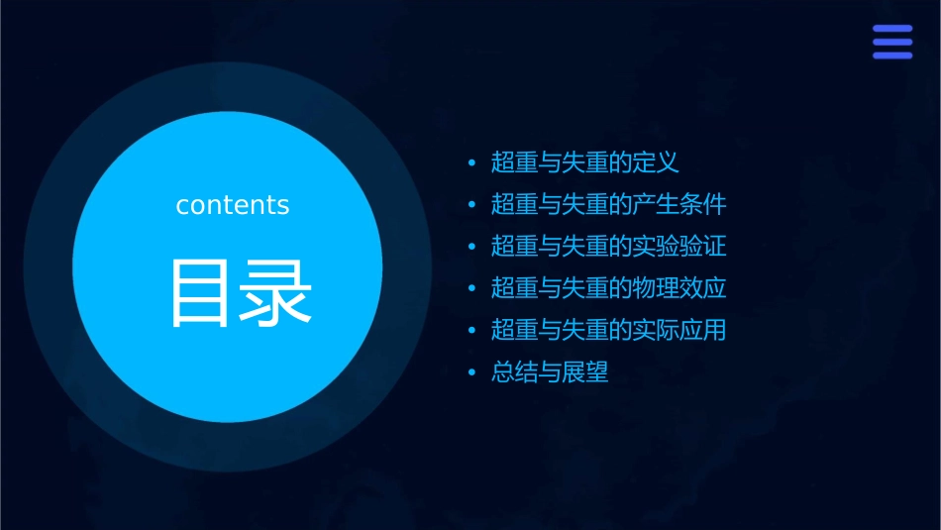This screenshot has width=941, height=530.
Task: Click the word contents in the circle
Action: pos(233,205)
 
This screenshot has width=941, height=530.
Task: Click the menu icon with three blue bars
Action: pos(891,42)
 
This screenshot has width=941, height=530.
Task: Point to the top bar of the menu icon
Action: pos(891,29)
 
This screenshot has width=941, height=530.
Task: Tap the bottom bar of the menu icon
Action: pos(891,55)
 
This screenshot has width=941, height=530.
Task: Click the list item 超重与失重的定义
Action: pos(584,162)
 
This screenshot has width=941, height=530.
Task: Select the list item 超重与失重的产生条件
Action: pos(608,205)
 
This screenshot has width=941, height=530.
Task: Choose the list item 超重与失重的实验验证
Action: pos(608,247)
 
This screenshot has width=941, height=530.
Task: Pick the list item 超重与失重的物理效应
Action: pos(608,288)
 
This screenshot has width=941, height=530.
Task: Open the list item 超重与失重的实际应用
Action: pos(608,330)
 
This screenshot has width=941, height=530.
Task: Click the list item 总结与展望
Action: pos(550,372)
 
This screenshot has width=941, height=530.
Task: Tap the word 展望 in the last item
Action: pos(585,372)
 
